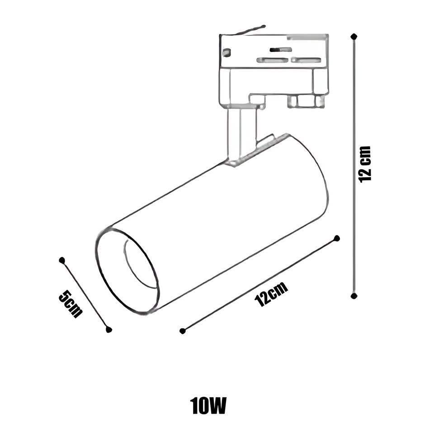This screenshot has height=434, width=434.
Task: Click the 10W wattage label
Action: pos(208,406)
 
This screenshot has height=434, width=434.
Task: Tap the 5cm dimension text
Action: pos(71,304)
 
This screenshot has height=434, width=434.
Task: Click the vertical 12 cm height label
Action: pos(364,165)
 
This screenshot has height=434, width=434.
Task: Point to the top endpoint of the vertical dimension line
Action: pos(354,36)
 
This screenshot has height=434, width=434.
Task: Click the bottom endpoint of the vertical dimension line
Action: pos(354,296)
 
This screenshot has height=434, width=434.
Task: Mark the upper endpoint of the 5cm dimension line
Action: pos(62,260)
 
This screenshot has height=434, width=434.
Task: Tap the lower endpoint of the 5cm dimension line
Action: pos(109,329)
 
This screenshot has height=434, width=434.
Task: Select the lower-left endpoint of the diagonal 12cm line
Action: pos(182,331)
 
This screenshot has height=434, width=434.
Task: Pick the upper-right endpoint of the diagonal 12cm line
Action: pos(337,238)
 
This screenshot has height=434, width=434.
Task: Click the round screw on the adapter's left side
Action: pos(227,52)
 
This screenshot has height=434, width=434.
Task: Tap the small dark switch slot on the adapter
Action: pos(280,50)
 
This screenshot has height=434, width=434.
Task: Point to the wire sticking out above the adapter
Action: pos(250,30)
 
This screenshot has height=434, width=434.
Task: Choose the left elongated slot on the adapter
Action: pos(273,60)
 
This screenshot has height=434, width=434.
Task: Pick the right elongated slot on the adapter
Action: pos(306,60)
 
